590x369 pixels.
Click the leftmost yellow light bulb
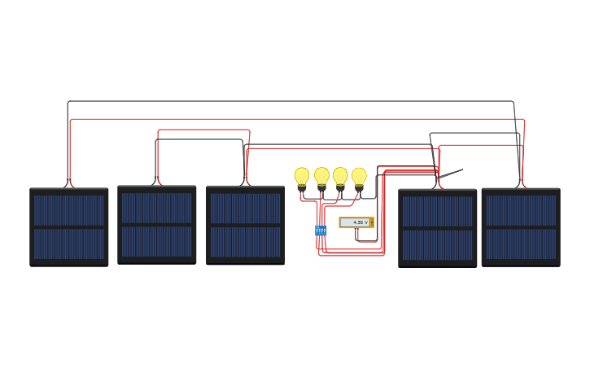(x=302, y=176)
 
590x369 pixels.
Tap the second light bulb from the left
(x=321, y=176)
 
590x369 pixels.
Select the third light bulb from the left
(x=340, y=176)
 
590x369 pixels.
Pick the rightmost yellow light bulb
(x=359, y=176)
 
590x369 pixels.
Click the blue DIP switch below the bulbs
(x=321, y=231)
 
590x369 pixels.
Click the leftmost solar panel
(x=69, y=226)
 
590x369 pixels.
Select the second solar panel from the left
(x=157, y=225)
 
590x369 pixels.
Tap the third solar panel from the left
(x=245, y=226)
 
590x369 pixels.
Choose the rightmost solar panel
(x=521, y=227)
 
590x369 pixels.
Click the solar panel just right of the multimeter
(x=437, y=228)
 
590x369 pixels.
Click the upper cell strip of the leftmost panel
(x=69, y=210)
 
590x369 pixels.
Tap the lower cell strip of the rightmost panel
(x=521, y=244)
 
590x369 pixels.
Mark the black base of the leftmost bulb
(x=302, y=188)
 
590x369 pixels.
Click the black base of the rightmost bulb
(x=359, y=188)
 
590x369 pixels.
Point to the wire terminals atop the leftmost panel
(x=69, y=185)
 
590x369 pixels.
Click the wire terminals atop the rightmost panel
(x=521, y=185)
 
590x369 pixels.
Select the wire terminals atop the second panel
(x=157, y=182)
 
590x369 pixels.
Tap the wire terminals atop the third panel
(x=245, y=183)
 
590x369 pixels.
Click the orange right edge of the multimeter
(x=372, y=222)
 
